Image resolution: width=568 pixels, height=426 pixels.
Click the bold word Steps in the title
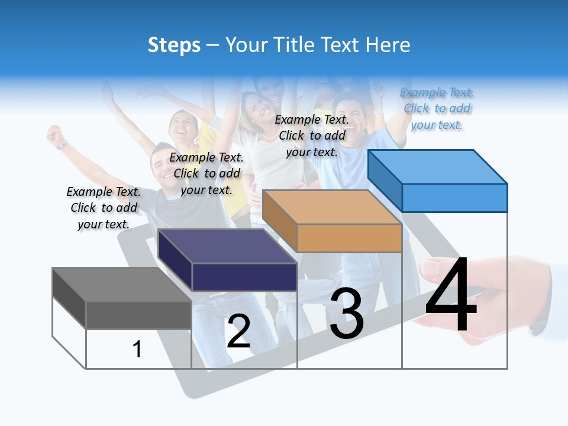coord(174,45)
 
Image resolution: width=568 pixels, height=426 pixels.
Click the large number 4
coord(451,296)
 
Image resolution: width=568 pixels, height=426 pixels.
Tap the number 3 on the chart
coord(347,314)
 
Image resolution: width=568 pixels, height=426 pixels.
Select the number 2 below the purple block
coord(238,332)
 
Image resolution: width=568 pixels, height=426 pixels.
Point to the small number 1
coord(137,350)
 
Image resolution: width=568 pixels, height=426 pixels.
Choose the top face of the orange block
coord(332,208)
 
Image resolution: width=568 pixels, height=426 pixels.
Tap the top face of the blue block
coord(438,167)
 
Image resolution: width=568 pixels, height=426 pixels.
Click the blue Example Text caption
coord(437,109)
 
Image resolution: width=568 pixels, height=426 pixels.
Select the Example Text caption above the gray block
coord(104,208)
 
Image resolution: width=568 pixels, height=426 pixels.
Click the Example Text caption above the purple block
coord(206,173)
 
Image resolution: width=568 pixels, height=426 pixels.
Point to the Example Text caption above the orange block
coord(312,135)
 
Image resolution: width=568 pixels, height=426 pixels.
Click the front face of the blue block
coord(454,198)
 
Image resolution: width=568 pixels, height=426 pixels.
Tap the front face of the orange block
coord(349,238)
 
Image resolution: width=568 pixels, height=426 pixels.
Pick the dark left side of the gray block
coord(69,297)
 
